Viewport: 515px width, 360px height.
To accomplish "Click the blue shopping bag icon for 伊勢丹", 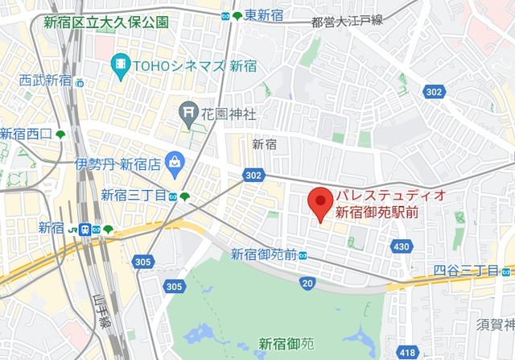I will pos(174,163).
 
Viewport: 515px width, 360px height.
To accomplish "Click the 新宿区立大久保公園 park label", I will pos(105,22).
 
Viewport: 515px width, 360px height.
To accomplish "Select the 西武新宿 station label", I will pos(46,80).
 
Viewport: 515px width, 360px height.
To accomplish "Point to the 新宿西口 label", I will pos(26,134).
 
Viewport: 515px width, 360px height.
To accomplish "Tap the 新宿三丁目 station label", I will pos(134,195).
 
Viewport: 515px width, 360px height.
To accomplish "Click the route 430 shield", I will pos(402,246).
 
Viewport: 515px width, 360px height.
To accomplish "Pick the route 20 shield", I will pos(307,283).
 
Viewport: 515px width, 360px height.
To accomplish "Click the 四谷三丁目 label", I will pos(466,270).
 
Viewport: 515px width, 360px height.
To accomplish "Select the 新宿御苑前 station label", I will pos(263,254).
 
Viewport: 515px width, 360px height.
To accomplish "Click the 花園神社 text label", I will pos(229,114).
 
